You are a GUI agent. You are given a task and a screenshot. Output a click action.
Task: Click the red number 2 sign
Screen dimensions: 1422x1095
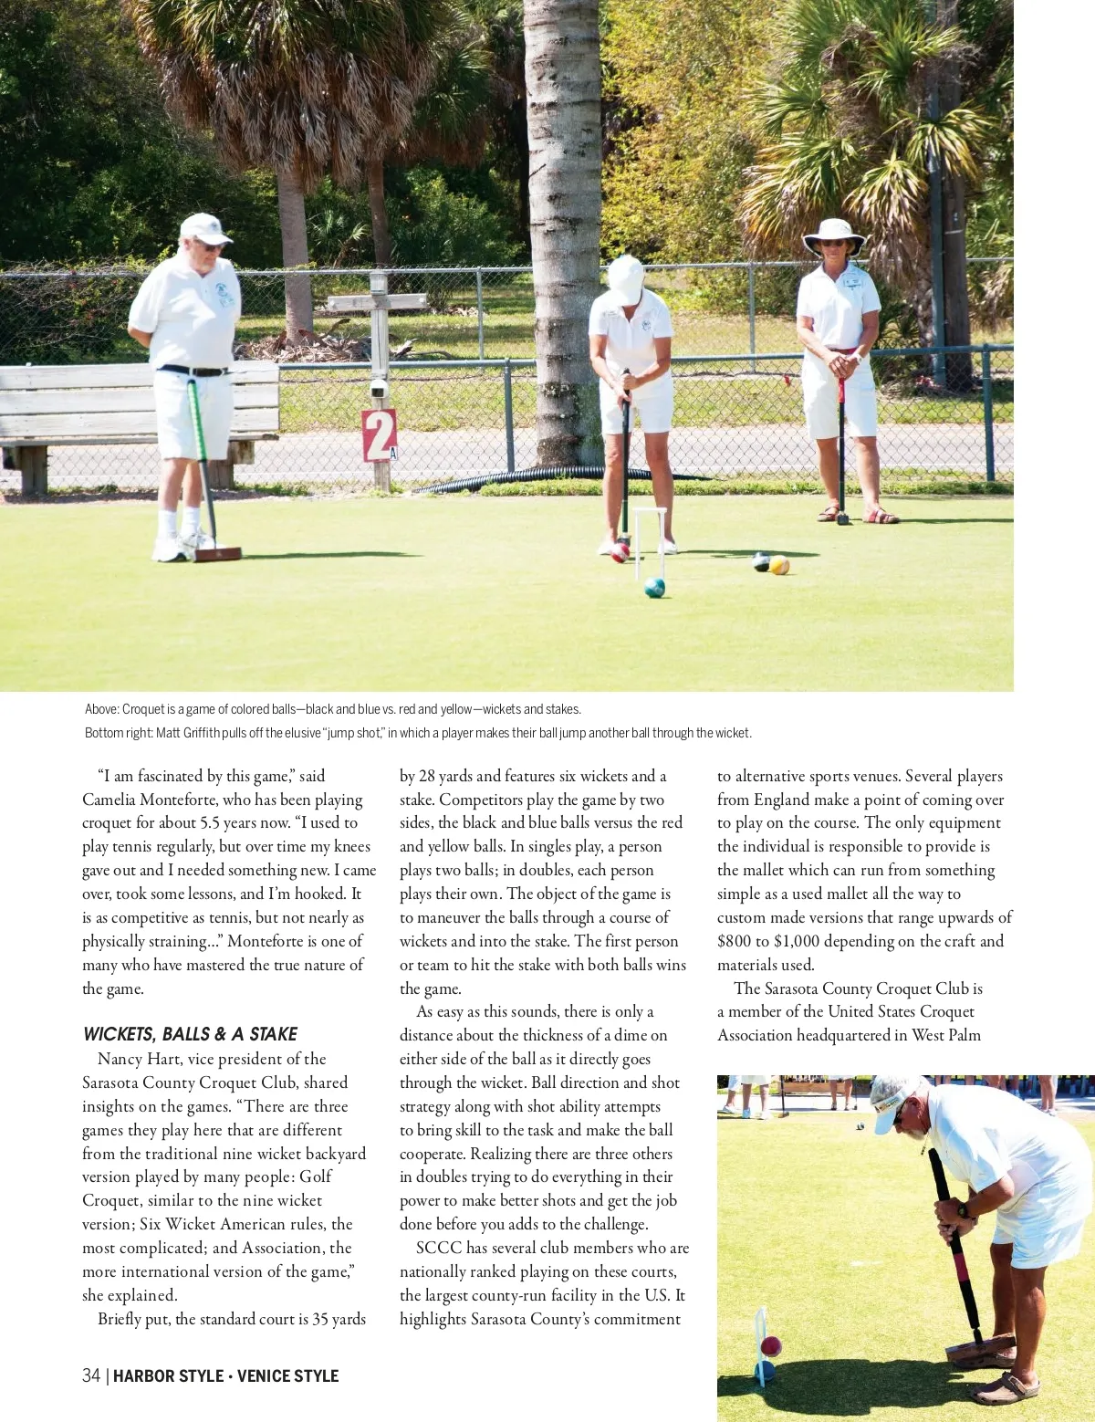click(x=379, y=435)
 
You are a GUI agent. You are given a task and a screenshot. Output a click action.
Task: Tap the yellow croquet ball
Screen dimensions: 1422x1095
click(x=778, y=565)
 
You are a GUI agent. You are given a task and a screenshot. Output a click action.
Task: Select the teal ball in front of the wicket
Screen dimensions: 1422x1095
click(x=654, y=588)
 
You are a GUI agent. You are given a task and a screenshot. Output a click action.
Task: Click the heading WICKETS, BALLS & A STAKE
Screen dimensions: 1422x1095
click(x=190, y=1034)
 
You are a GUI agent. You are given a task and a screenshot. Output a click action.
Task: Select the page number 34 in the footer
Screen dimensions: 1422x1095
click(x=91, y=1375)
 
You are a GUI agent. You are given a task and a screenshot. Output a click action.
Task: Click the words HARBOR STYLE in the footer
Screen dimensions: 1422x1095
click(x=168, y=1375)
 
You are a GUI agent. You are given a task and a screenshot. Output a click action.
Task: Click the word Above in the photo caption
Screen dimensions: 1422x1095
click(x=100, y=709)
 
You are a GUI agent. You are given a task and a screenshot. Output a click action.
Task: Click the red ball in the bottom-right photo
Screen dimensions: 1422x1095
click(x=771, y=1345)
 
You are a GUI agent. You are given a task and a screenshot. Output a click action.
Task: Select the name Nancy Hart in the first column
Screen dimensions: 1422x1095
click(x=139, y=1059)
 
